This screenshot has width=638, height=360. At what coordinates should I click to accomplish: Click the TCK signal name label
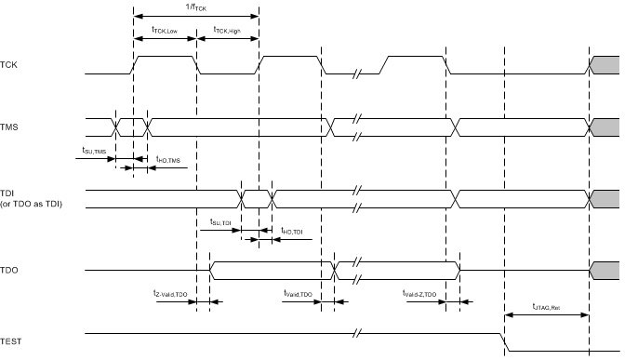pyautogui.click(x=10, y=65)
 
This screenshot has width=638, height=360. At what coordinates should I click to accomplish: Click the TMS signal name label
pyautogui.click(x=10, y=123)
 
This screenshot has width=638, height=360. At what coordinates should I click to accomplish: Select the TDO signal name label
pyautogui.click(x=10, y=271)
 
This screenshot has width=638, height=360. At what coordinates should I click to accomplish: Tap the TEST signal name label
pyautogui.click(x=12, y=342)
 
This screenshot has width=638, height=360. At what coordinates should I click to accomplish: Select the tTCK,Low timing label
pyautogui.click(x=165, y=30)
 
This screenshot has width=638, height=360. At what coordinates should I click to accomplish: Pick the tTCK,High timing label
pyautogui.click(x=228, y=30)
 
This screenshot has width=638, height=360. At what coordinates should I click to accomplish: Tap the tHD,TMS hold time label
pyautogui.click(x=168, y=159)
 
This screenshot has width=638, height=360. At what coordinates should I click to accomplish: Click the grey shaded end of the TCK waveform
pyautogui.click(x=605, y=64)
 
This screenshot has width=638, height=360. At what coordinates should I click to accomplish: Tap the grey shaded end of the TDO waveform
pyautogui.click(x=605, y=270)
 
